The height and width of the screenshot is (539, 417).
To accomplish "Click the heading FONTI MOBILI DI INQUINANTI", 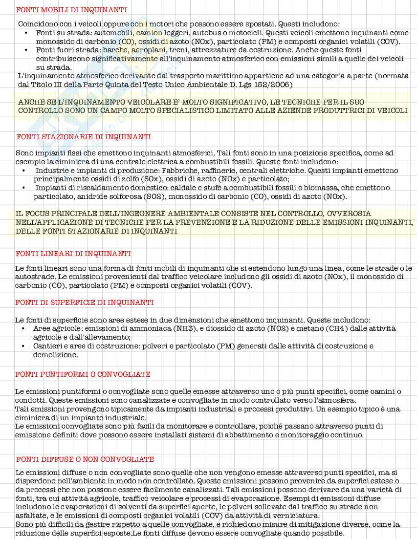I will pos(71,10).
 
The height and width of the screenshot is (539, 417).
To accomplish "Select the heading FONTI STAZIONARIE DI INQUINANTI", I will pos(84,137).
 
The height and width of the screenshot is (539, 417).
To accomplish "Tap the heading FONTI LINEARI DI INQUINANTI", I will pos(73,254).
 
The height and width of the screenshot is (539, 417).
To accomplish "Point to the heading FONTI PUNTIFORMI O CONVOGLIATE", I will pos(83,374).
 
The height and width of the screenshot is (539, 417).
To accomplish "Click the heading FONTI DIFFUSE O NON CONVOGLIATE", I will pos(85,459).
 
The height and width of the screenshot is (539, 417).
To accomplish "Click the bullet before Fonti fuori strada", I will pos(26,50).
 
